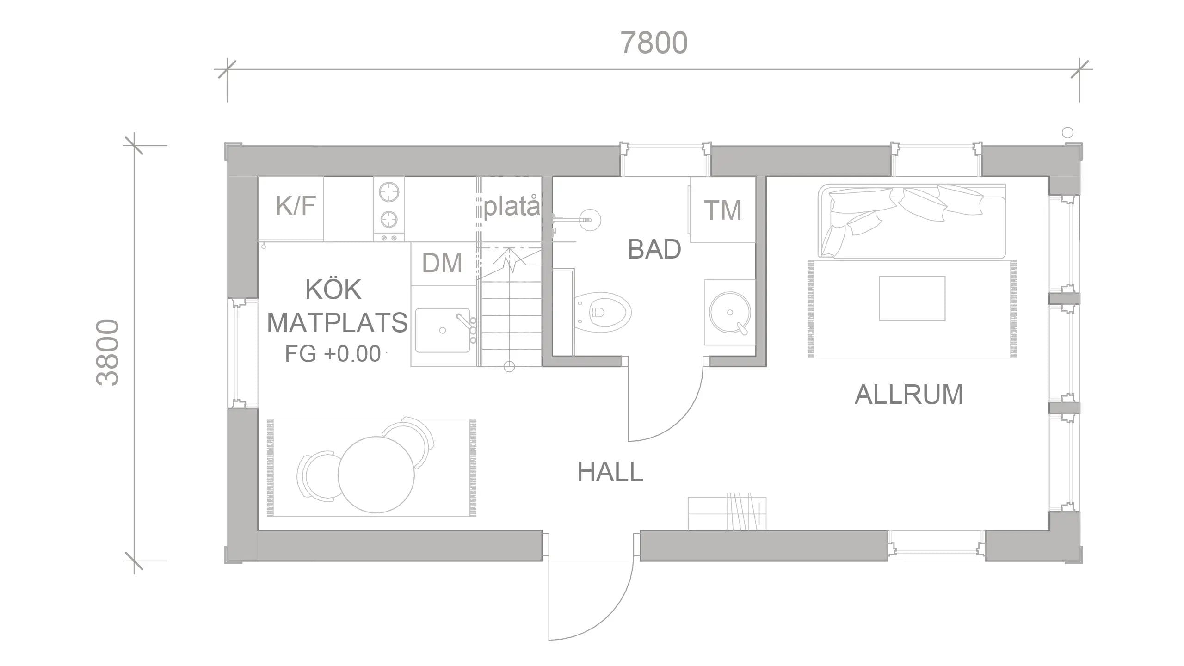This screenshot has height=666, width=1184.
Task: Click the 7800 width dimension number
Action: (x=654, y=43)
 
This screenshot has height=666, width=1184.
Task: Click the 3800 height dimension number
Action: (x=108, y=352)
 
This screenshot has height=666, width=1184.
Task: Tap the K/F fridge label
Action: (x=296, y=205)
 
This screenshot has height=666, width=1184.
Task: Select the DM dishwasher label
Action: (x=442, y=263)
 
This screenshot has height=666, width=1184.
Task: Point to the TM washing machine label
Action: (x=722, y=210)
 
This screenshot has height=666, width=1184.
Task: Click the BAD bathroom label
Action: (x=654, y=249)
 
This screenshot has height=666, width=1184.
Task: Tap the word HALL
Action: (x=610, y=472)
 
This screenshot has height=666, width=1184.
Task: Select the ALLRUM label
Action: (x=909, y=395)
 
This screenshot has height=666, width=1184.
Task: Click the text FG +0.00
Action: (x=333, y=354)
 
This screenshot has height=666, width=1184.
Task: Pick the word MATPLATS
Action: (x=337, y=322)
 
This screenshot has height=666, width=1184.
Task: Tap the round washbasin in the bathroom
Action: (x=730, y=312)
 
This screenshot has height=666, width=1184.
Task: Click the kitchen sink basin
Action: (x=443, y=330)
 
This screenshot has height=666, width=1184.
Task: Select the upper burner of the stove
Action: (x=389, y=192)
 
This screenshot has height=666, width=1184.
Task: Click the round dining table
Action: (x=376, y=475)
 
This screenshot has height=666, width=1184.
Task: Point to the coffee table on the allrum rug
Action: (x=912, y=298)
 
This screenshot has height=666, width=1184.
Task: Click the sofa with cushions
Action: (x=911, y=221)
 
